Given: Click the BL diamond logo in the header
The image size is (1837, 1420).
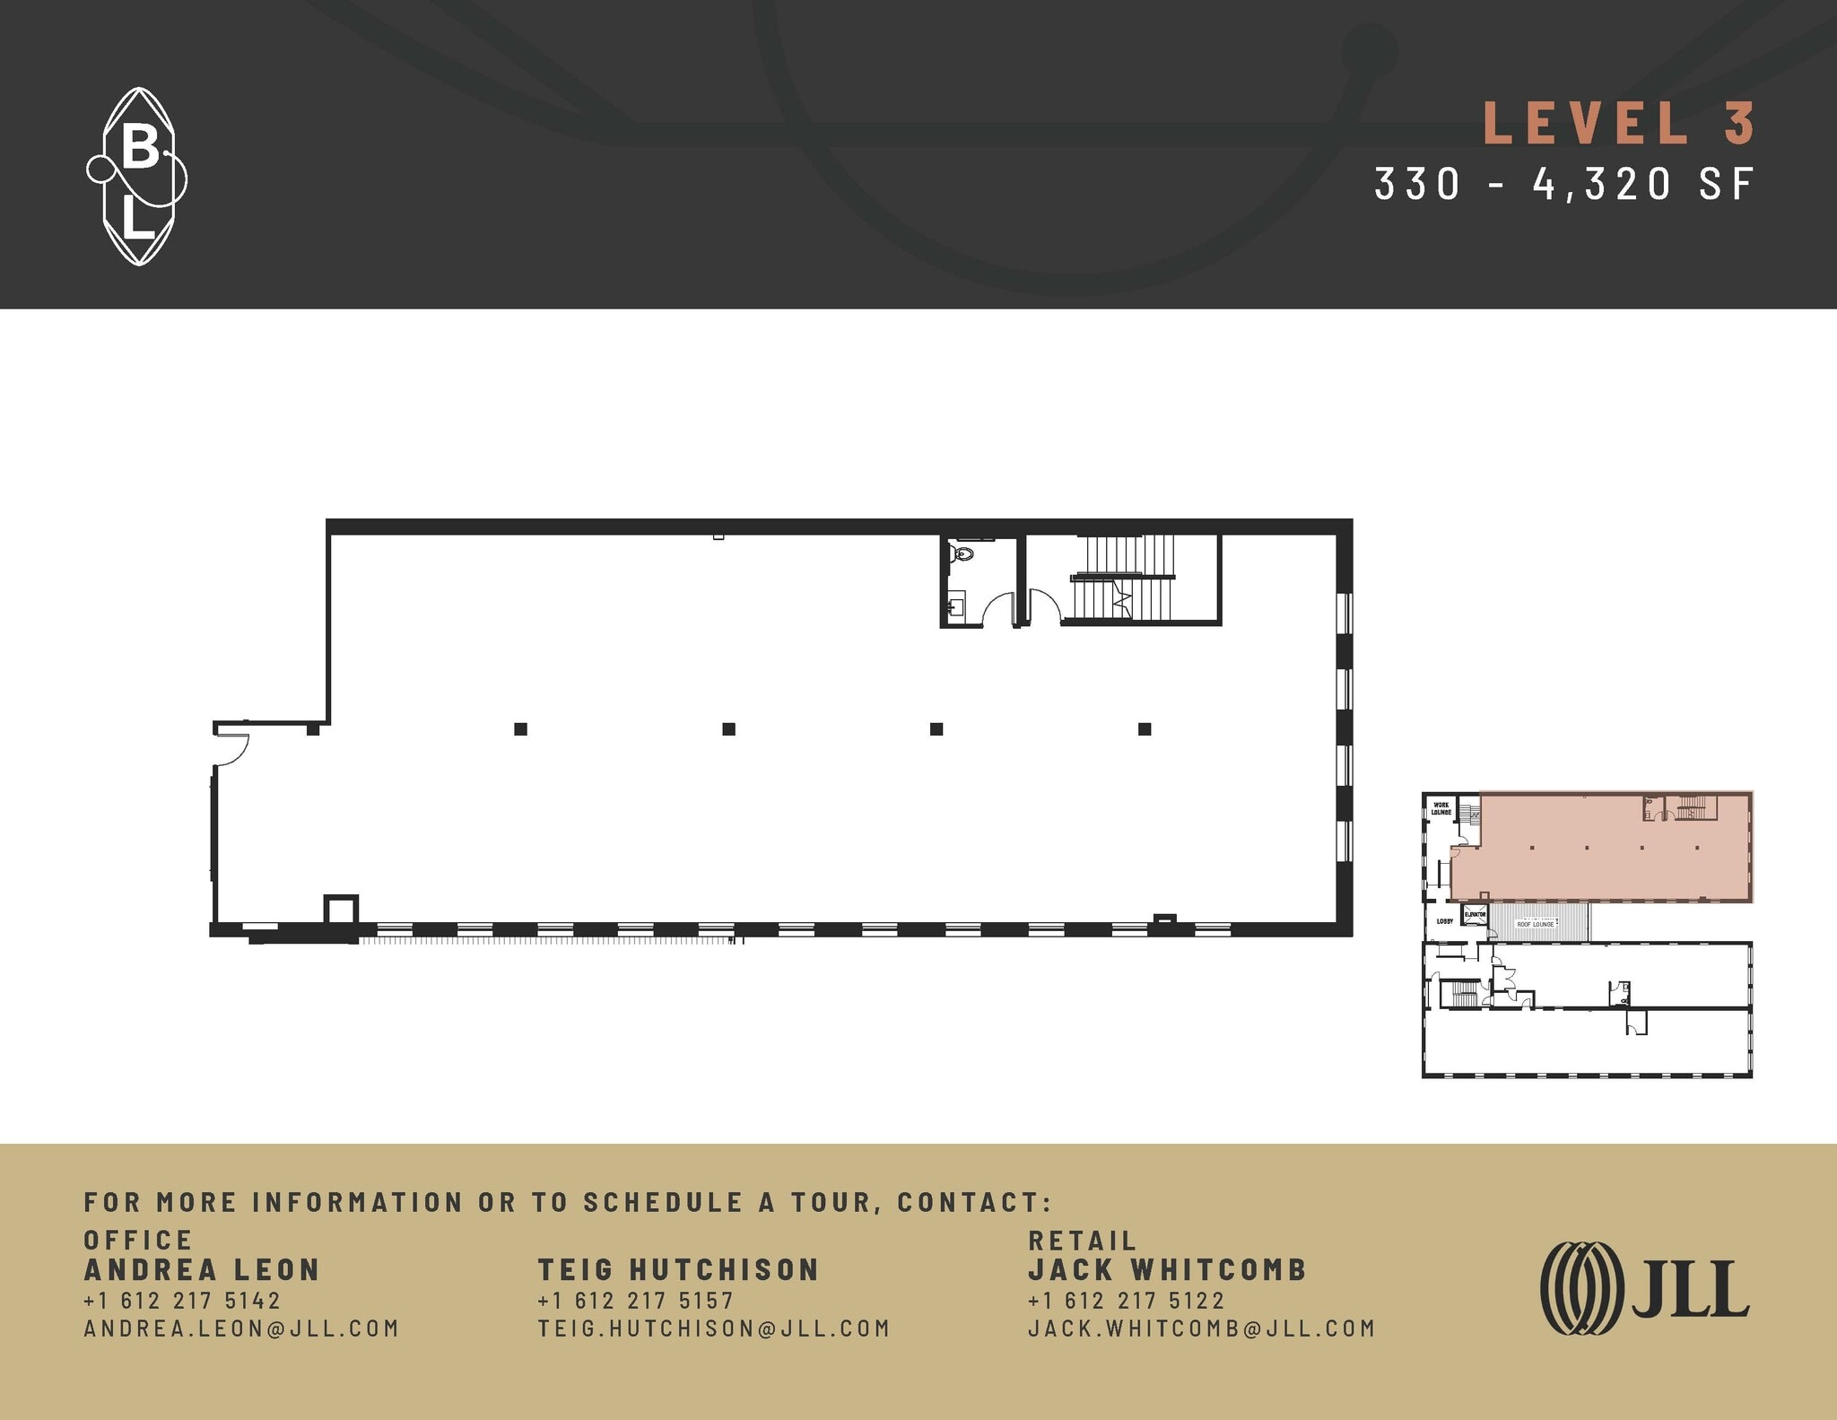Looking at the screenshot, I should point(137,177).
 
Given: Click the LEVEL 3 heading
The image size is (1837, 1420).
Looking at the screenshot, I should point(1618,124).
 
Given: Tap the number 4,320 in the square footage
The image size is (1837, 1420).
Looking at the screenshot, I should point(1602,184).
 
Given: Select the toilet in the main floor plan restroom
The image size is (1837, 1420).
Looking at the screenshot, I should point(962,553).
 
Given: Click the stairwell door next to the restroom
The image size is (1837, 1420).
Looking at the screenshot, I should point(1042,606).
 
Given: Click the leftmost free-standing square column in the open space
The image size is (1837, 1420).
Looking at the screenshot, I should point(520,729).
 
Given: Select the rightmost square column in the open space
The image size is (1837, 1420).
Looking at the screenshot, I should point(1145,729).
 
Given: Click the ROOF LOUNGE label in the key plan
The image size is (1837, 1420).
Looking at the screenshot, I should point(1535,924).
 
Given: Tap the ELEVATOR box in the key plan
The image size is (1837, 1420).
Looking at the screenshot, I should point(1475,916).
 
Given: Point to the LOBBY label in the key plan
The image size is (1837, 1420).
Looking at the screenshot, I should point(1444,921).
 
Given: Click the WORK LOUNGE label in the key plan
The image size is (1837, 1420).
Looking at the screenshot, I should point(1441,808).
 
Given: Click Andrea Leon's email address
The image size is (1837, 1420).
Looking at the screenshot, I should point(241,1329).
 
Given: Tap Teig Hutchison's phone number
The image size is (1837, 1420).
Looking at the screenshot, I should point(635,1300).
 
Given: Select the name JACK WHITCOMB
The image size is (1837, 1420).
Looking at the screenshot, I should point(1167,1269).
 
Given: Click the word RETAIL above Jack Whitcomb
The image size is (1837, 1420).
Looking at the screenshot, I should point(1082,1241).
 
